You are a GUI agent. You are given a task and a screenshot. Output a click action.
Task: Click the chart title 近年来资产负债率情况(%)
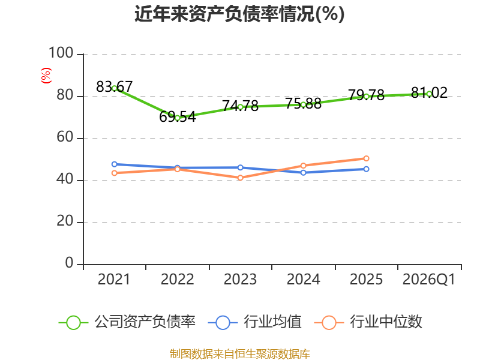[239, 14]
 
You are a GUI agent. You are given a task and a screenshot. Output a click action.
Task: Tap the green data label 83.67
[114, 86]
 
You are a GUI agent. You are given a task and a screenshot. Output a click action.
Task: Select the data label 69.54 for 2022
[177, 116]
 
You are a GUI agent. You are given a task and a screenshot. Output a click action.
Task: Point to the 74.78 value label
[241, 106]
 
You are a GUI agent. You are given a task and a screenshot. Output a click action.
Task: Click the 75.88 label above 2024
[304, 103]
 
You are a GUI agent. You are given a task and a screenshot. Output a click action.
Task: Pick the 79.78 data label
[366, 95]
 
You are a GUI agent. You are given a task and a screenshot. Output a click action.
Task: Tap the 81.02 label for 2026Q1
[429, 92]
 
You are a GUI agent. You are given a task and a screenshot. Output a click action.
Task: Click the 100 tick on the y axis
[61, 53]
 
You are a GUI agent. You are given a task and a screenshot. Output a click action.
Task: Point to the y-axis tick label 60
[65, 137]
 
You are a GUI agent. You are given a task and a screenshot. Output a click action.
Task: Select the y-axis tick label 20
[65, 221]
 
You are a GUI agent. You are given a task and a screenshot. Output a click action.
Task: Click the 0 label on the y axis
[69, 263]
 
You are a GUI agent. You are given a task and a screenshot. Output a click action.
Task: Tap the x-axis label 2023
[241, 280]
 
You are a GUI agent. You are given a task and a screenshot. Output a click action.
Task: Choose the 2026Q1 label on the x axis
[429, 280]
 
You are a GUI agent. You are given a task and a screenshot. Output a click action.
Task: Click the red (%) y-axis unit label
[46, 76]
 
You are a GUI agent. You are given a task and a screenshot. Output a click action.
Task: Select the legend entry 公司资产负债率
[127, 322]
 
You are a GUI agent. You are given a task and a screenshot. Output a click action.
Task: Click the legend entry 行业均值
[254, 322]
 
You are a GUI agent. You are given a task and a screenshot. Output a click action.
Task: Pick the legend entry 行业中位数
[368, 322]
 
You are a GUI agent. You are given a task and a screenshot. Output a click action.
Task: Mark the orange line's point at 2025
[366, 158]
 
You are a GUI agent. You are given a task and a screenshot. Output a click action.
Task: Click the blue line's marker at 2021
[114, 164]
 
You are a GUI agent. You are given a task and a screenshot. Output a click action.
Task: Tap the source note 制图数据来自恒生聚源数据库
[240, 353]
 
